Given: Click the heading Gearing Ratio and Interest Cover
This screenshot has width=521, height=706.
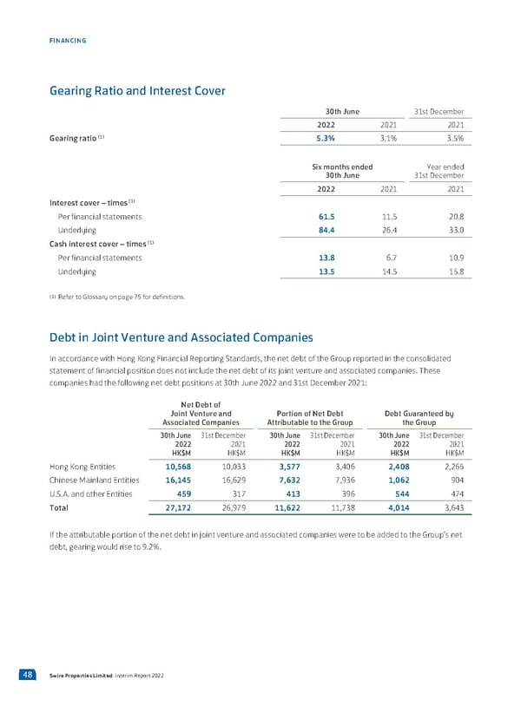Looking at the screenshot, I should tap(138, 90).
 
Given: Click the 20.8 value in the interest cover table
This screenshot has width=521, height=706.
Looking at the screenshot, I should tap(452, 216).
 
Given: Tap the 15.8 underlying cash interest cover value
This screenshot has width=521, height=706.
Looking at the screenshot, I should tap(452, 272).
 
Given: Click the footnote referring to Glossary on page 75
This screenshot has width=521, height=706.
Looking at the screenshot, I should tap(117, 297).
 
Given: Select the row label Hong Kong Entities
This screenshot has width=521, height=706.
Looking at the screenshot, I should tap(83, 465).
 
